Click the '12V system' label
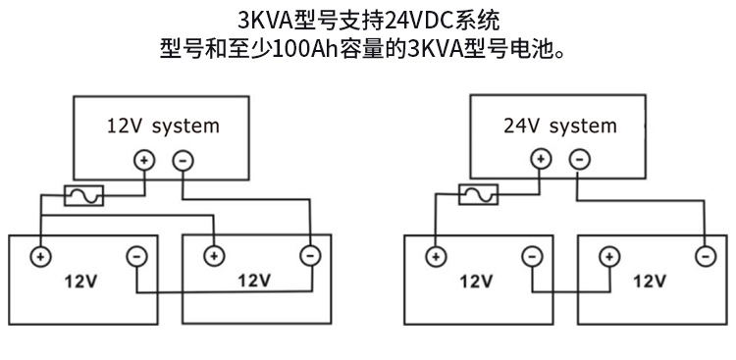point(163,126)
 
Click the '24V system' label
point(559,126)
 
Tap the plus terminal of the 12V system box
point(143,160)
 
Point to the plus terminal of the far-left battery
point(40,257)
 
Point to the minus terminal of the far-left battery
point(136,257)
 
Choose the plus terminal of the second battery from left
point(212,257)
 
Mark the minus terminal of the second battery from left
point(309,257)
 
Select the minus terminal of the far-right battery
point(705,257)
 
